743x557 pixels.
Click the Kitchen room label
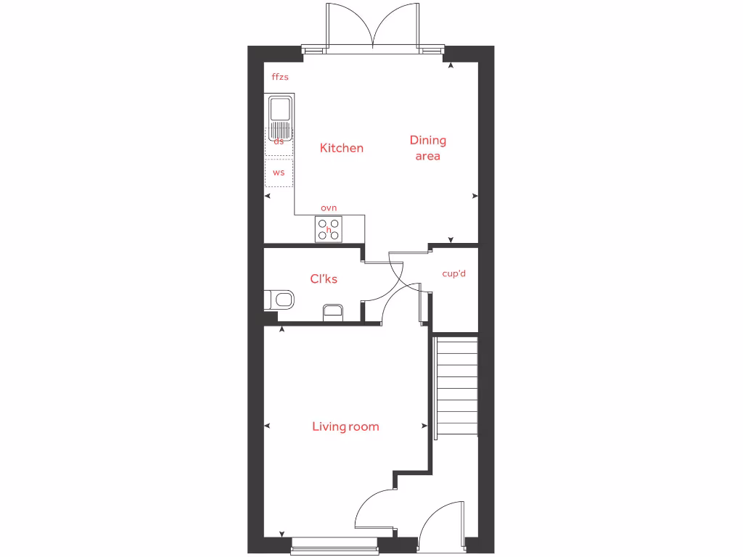(342, 148)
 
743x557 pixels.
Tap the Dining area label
(428, 148)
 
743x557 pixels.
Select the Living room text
(345, 426)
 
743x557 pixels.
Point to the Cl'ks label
(324, 279)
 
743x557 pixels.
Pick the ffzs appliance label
(280, 77)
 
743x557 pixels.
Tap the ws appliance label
(279, 173)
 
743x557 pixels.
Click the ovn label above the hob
(329, 208)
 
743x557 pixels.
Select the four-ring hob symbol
(328, 229)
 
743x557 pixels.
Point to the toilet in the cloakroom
(279, 299)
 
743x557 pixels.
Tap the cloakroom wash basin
(333, 312)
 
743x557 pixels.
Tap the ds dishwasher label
(279, 142)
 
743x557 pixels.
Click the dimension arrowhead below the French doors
(451, 66)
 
